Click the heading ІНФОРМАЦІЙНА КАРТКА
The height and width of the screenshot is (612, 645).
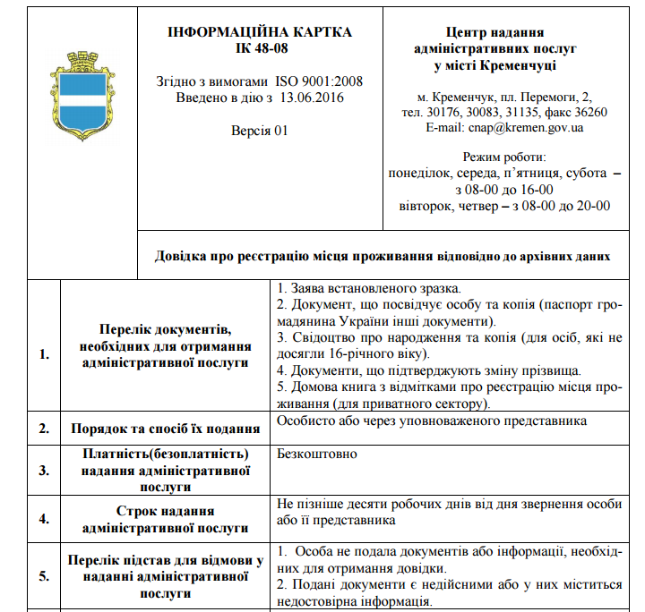pos(260,32)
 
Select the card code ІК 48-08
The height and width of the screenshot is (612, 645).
pos(260,47)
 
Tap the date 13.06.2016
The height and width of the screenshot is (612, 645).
pos(312,97)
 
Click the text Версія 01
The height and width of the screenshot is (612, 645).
pos(260,131)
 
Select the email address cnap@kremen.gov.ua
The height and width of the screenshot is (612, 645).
pos(526,128)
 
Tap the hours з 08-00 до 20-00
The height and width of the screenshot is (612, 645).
pos(561,206)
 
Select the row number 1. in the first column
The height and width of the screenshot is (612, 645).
pos(44,353)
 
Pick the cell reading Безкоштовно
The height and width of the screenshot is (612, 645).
pos(317,454)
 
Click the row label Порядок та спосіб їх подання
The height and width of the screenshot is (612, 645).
pos(166,429)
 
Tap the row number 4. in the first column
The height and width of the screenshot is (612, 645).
pos(44,518)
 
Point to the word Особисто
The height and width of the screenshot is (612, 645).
pos(305,421)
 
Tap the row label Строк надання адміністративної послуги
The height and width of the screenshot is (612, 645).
pos(166,518)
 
